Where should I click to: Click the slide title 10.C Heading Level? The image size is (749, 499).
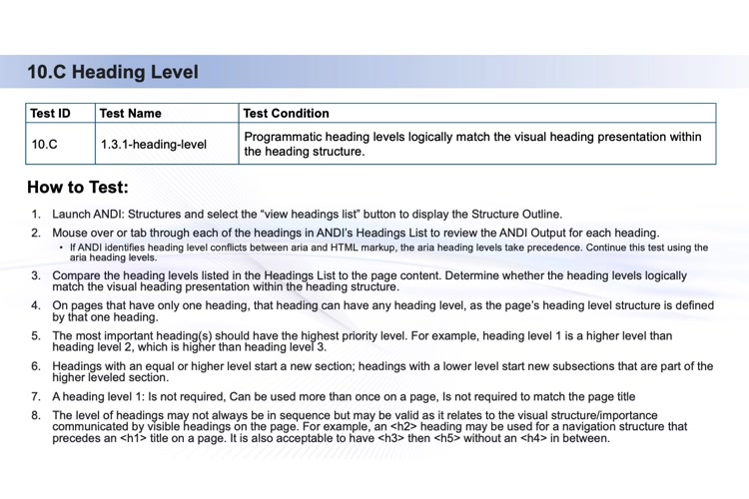coord(112,72)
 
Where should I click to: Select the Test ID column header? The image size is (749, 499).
coord(50,113)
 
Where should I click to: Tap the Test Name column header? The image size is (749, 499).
coord(131,113)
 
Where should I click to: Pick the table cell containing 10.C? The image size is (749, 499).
coord(45,144)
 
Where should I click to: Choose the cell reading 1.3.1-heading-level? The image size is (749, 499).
coord(153,144)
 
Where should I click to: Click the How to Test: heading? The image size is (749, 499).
coord(78,187)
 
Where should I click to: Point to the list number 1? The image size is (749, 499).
coord(36,215)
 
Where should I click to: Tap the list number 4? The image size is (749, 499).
coord(36,305)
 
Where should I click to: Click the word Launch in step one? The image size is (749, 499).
coord(72,215)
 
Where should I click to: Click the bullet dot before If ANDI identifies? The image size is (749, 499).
coord(62,248)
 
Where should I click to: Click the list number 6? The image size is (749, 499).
coord(36,366)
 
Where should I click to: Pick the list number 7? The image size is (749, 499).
coord(36,396)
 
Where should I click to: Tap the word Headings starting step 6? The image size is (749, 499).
coord(81,366)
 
